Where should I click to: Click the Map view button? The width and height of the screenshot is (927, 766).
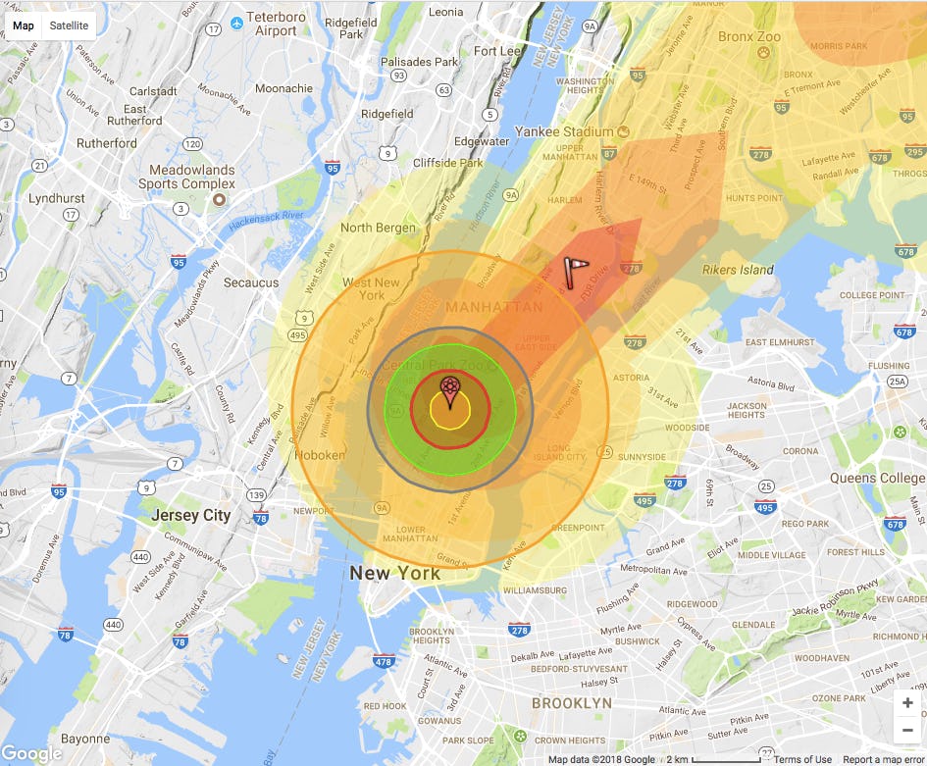(23, 26)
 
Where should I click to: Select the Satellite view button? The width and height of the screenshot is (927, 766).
(69, 26)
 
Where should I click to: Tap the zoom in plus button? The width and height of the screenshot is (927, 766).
(907, 703)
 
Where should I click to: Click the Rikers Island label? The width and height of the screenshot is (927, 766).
(738, 270)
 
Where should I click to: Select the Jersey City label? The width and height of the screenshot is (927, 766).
(190, 515)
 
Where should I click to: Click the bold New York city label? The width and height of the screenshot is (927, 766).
(395, 573)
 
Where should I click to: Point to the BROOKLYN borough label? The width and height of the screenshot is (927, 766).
(571, 703)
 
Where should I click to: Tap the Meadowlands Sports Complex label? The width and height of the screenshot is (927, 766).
(186, 177)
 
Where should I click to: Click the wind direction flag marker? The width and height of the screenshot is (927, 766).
(578, 272)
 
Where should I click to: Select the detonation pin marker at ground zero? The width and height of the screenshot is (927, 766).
(449, 391)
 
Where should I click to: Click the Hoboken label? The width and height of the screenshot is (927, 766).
(321, 455)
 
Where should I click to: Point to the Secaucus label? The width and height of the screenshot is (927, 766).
(251, 282)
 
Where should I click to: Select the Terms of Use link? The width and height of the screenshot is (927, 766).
(802, 759)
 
